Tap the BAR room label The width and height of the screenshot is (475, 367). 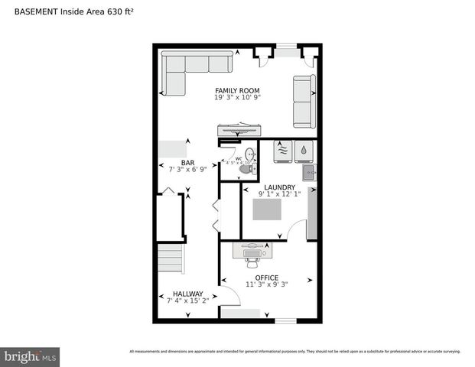pos(187,162)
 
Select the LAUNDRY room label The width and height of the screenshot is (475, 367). pos(279,187)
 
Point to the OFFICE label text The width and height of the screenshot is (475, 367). pos(267,278)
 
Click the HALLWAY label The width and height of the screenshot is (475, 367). pos(187,294)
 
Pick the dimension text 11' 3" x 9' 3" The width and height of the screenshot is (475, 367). pos(267,285)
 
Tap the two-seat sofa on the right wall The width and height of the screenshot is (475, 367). pos(304,101)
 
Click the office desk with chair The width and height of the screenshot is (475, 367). pos(252,252)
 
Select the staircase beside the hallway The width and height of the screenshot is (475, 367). pos(170,259)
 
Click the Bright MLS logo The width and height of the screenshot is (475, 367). pos(31,356)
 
